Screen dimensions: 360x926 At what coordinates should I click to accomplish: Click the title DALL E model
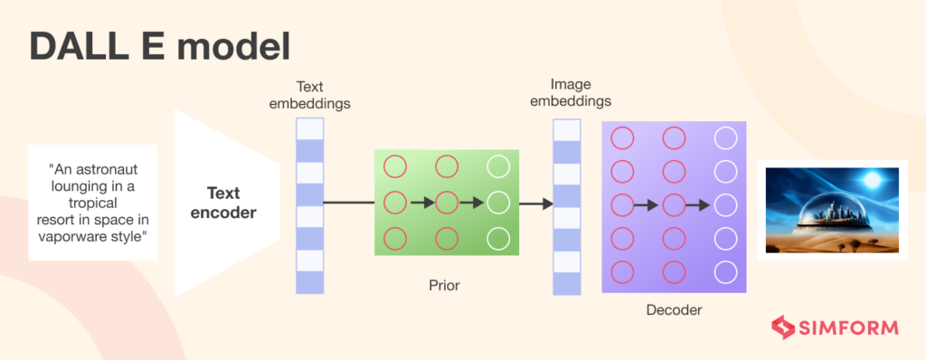click(x=159, y=47)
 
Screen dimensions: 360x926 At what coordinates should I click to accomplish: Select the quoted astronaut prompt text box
click(x=93, y=203)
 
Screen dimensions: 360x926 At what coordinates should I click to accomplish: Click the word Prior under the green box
click(x=444, y=285)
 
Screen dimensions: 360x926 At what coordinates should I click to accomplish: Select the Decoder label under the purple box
click(x=674, y=310)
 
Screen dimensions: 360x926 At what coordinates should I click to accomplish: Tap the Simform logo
click(x=834, y=327)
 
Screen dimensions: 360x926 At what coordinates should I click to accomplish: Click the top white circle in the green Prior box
click(x=498, y=166)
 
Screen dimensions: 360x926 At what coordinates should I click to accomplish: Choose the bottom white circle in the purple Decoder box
click(x=725, y=271)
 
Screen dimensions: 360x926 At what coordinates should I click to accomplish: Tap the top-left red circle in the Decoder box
click(x=622, y=138)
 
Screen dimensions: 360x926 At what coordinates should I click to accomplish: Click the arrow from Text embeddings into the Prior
click(x=348, y=202)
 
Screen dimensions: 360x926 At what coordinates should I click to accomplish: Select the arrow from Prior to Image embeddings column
click(x=536, y=203)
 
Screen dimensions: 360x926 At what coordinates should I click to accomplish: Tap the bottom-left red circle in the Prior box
click(x=395, y=238)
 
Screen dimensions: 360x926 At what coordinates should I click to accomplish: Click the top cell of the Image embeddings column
click(x=567, y=130)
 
